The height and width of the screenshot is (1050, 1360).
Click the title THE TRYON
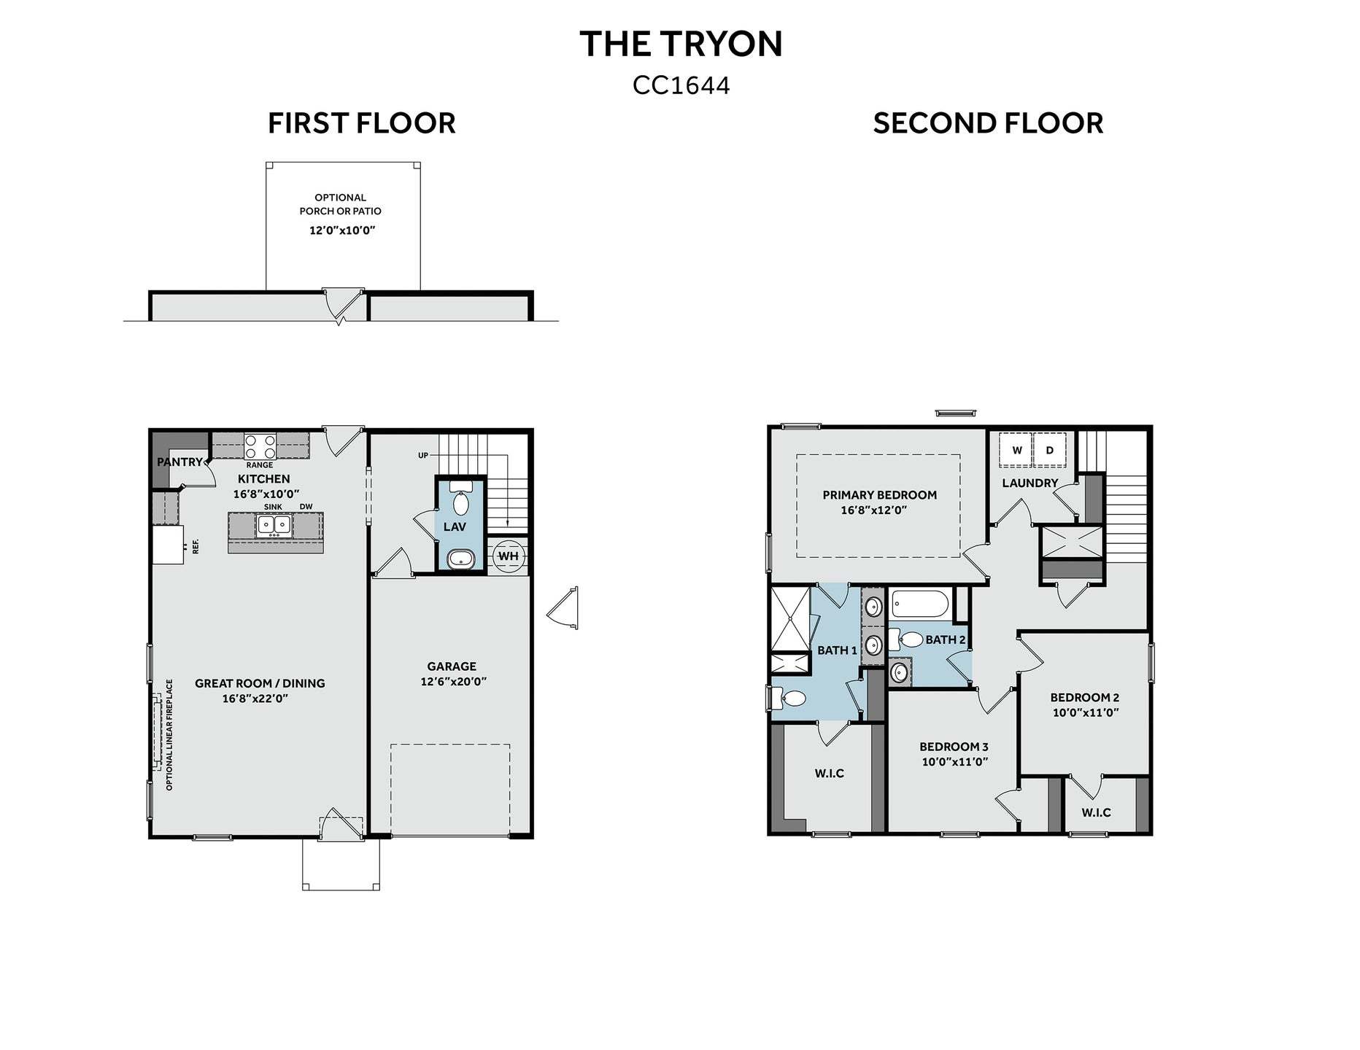tap(681, 44)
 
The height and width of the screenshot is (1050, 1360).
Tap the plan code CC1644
tap(681, 85)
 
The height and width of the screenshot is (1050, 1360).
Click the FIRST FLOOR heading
tap(361, 122)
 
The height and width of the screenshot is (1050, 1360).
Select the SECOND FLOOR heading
tap(988, 122)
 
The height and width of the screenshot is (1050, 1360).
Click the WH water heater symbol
tap(508, 556)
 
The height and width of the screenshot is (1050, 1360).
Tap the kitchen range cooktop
tap(260, 445)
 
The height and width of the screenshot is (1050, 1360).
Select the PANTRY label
tap(179, 462)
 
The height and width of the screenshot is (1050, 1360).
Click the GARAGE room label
tap(452, 666)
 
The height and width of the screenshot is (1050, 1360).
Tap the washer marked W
tap(1016, 450)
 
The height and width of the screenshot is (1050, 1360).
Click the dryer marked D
tap(1050, 450)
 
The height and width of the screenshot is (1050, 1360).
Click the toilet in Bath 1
tap(788, 699)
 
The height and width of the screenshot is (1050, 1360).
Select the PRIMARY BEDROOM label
tap(879, 495)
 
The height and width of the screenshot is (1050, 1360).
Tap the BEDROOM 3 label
tap(954, 747)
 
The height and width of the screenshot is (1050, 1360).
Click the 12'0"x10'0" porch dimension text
tap(342, 230)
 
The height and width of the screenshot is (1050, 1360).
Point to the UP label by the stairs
tap(423, 456)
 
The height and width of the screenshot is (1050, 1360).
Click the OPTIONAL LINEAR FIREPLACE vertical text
tap(169, 735)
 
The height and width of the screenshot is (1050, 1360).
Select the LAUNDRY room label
tap(1029, 483)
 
